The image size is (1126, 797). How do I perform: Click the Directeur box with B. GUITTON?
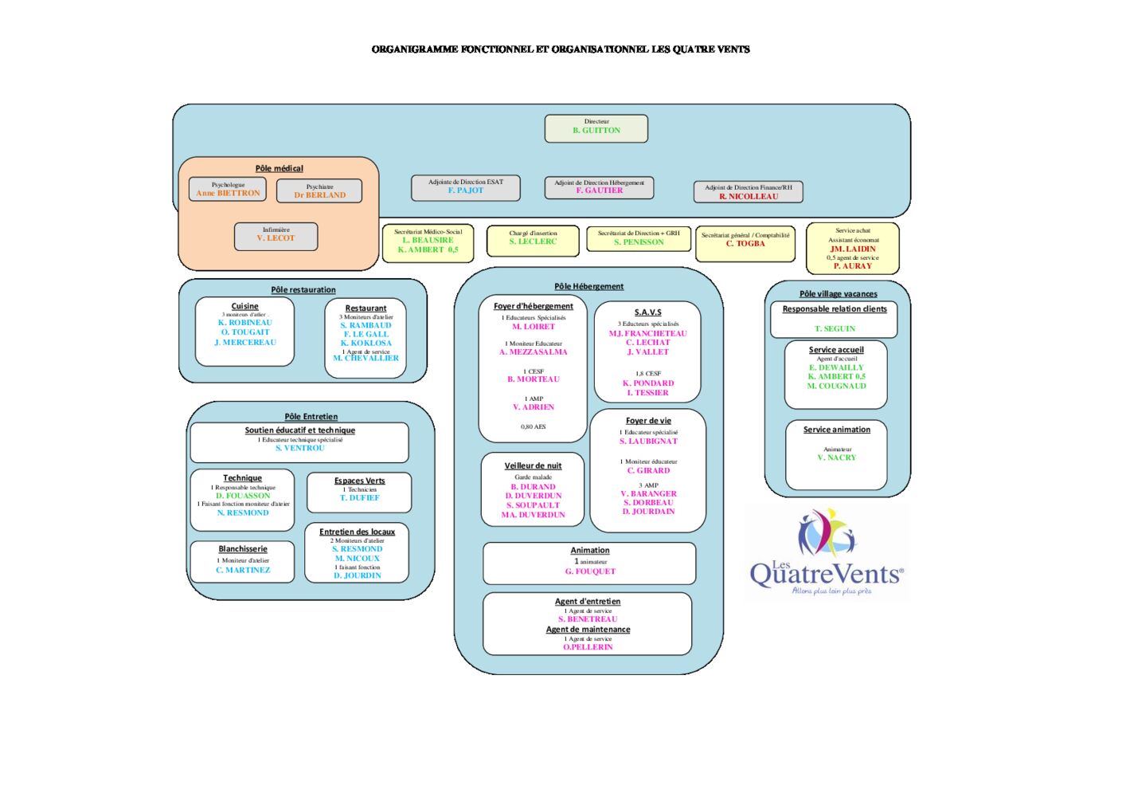click(x=596, y=128)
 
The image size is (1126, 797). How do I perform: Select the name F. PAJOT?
click(x=465, y=190)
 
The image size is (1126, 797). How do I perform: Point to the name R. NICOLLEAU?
click(x=749, y=196)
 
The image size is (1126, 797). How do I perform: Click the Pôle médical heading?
click(x=279, y=168)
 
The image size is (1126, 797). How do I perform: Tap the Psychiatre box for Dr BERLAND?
click(x=319, y=191)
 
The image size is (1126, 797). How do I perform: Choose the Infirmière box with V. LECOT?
click(x=276, y=236)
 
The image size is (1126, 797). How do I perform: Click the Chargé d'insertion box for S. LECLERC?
click(x=533, y=240)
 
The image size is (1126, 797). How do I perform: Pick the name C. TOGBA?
click(x=745, y=244)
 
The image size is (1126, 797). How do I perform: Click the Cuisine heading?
click(x=244, y=306)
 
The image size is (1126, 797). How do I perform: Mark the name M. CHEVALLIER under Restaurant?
click(x=366, y=359)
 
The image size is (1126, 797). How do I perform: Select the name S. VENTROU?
click(x=300, y=448)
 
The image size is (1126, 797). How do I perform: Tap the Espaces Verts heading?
click(x=359, y=481)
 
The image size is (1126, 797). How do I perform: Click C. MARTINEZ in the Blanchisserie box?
click(x=243, y=570)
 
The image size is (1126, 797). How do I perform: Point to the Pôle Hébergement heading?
click(x=588, y=286)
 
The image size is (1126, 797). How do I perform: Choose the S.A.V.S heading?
click(x=647, y=312)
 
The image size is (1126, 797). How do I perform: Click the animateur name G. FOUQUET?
click(x=590, y=571)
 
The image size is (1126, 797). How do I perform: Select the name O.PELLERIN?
click(x=588, y=647)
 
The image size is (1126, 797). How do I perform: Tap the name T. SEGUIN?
click(x=835, y=328)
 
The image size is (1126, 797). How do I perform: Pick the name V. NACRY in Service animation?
click(x=836, y=457)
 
